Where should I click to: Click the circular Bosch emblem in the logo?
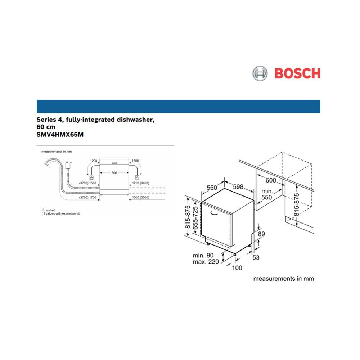260,73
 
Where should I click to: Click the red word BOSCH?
297,73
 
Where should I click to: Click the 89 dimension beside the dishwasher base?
261,234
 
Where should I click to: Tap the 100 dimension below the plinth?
237,267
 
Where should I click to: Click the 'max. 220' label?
205,262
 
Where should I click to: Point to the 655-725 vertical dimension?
195,217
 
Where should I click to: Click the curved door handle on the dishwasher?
215,214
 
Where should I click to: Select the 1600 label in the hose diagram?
135,161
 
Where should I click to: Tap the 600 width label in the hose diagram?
114,173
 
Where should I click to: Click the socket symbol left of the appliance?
91,177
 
